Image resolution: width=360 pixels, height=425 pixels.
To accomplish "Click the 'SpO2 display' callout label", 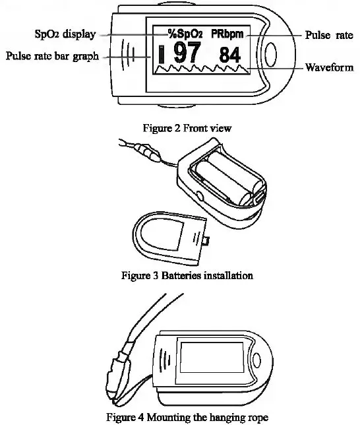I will tap(64, 34).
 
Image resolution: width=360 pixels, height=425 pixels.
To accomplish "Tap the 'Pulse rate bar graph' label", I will tap(52, 56).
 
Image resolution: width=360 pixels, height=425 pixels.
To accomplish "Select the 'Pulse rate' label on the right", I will tap(328, 34).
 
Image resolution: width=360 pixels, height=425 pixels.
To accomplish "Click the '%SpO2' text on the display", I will tap(185, 32).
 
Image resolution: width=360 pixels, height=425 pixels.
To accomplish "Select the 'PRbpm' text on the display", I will tap(227, 32).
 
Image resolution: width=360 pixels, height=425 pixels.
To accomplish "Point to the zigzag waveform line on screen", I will tap(201, 69).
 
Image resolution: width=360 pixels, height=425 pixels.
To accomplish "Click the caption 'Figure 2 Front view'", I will tap(187, 127).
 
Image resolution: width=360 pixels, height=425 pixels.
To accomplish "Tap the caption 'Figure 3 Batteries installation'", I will tap(187, 275).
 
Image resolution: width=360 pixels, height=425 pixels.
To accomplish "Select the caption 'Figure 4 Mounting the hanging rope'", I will tap(187, 416).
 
